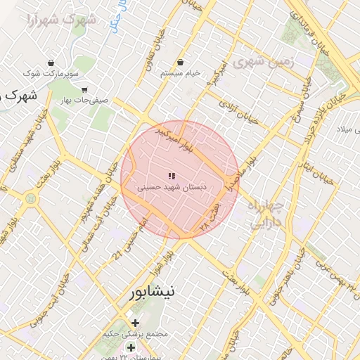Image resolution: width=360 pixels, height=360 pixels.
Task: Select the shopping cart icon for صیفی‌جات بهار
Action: (84, 89)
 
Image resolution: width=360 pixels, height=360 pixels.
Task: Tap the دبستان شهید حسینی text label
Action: (166, 188)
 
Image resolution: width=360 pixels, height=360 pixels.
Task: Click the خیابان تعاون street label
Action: (155, 50)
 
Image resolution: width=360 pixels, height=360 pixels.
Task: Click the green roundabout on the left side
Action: (30, 200)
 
